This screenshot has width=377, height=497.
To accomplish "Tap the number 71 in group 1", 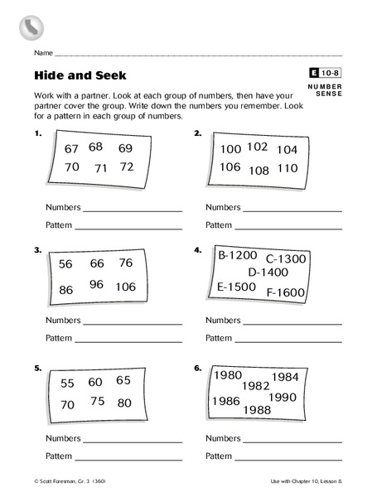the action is pyautogui.click(x=100, y=168).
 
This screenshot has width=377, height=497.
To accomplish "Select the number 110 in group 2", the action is pyautogui.click(x=287, y=168).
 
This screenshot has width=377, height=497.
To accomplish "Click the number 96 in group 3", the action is pyautogui.click(x=96, y=284).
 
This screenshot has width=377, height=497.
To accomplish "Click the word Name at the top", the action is pyautogui.click(x=43, y=53).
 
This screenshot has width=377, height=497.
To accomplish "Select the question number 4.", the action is pyautogui.click(x=197, y=249).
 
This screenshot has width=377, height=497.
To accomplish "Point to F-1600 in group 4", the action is pyautogui.click(x=286, y=292).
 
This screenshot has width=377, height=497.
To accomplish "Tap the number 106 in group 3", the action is pyautogui.click(x=126, y=287).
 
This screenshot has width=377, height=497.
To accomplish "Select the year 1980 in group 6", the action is pyautogui.click(x=228, y=375).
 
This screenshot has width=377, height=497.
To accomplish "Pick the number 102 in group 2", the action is pyautogui.click(x=258, y=147).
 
